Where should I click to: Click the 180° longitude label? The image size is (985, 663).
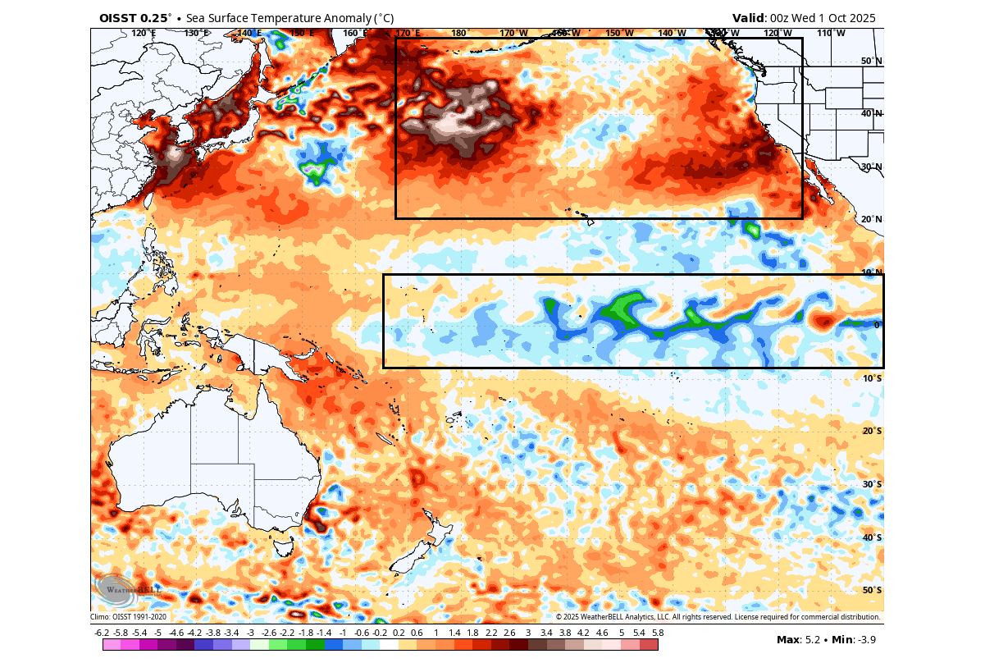click(x=458, y=33)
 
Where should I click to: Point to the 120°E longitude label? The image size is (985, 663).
click(x=144, y=33)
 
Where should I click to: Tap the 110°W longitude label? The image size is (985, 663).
click(x=831, y=33)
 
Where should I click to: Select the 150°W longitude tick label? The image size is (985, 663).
click(x=619, y=33)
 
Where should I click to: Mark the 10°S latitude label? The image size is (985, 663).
click(x=872, y=378)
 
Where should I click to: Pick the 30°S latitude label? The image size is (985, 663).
click(x=872, y=484)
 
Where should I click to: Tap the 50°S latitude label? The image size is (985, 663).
click(x=872, y=590)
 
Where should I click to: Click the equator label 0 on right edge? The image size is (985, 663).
click(x=876, y=325)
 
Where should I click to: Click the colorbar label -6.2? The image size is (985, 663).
click(x=102, y=633)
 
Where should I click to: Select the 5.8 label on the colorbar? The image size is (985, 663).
click(x=657, y=633)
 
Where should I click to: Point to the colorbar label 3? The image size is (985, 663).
click(x=527, y=633)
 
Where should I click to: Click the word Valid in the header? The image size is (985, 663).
click(x=748, y=18)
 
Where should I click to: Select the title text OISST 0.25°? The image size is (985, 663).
click(x=136, y=18)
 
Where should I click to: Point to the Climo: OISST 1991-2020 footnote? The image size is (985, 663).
click(x=129, y=617)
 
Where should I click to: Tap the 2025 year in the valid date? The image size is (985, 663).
click(x=859, y=18)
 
